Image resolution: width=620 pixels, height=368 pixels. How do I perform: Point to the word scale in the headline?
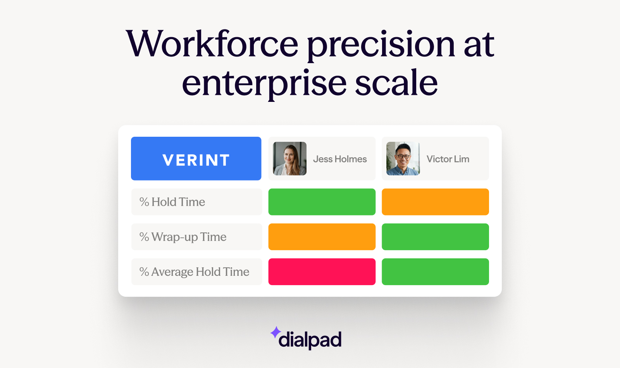396,83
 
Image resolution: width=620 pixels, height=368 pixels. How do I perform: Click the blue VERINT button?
196,158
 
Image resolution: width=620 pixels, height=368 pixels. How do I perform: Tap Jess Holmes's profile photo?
290,158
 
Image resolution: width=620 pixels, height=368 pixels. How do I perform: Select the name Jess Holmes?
340,159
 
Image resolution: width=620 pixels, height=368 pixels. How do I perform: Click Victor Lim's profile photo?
403,158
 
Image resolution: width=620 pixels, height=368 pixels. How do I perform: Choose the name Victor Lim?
448,159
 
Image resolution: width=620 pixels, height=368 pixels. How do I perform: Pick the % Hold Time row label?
172,202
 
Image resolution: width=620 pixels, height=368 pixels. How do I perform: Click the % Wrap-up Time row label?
183,237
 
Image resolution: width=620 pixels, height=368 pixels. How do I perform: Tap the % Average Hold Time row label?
195,272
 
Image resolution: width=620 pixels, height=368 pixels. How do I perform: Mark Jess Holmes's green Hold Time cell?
322,202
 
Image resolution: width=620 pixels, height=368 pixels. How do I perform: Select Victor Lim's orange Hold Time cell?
435,202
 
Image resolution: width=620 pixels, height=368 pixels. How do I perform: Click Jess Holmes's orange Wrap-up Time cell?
322,237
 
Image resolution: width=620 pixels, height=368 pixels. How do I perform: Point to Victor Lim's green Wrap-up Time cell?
435,237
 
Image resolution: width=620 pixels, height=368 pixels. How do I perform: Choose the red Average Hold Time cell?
322,272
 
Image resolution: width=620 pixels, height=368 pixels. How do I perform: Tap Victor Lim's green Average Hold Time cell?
435,272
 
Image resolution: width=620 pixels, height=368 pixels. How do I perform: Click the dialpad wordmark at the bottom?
310,340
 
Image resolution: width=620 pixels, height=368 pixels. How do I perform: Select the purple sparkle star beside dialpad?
276,332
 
